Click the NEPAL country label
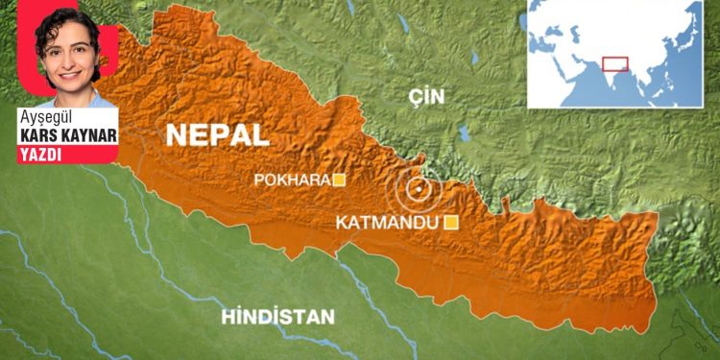click(x=217, y=135)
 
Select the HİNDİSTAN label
click(x=277, y=316)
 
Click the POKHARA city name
click(x=291, y=180)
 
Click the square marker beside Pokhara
click(x=338, y=180)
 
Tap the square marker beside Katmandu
click(x=450, y=223)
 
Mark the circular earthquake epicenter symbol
click(x=418, y=189)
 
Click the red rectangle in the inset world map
click(x=614, y=64)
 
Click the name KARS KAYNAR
click(x=67, y=135)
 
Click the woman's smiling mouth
click(x=70, y=75)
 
